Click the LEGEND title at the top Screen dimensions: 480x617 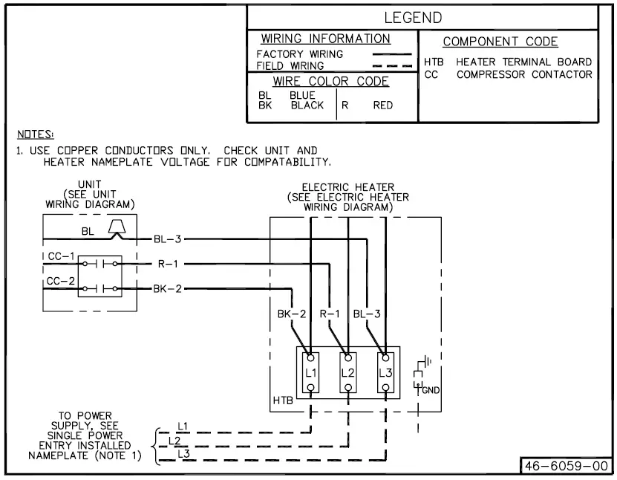[x=413, y=17]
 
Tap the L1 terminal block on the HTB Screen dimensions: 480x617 [x=310, y=371]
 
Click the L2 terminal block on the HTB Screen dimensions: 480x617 [x=347, y=371]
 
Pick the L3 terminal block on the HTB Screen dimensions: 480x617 [x=385, y=371]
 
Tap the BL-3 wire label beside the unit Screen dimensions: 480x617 [x=167, y=239]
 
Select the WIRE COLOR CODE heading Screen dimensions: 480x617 [x=330, y=82]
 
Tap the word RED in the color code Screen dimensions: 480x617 [x=382, y=106]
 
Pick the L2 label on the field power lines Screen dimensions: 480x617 [x=174, y=439]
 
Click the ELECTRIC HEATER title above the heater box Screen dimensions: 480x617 [x=347, y=187]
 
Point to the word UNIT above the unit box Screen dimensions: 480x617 [x=89, y=184]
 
